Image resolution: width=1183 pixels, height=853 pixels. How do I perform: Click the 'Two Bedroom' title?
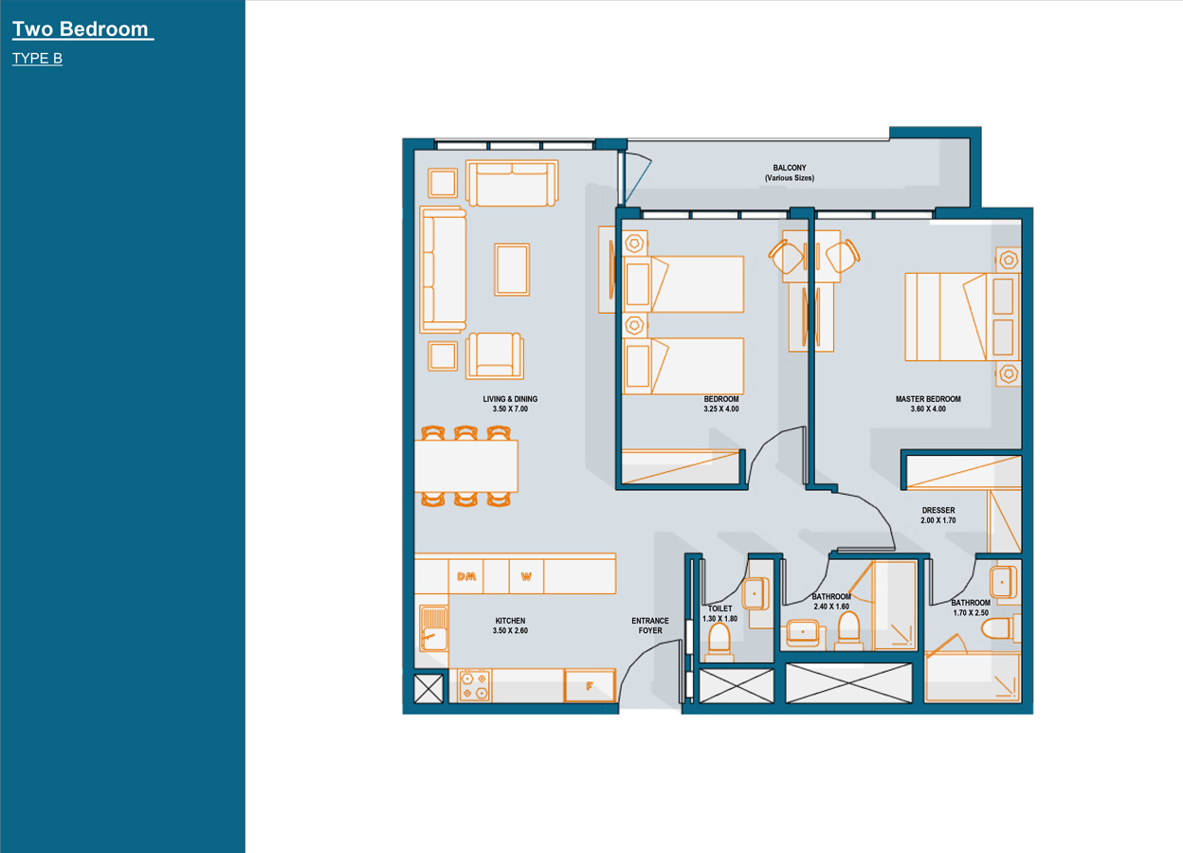(x=81, y=29)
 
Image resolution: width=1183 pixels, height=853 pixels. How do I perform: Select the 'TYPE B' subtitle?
(x=37, y=58)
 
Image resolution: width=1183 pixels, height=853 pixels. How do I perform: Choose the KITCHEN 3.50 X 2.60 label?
(x=510, y=626)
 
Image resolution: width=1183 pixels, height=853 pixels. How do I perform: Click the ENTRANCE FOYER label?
(x=650, y=626)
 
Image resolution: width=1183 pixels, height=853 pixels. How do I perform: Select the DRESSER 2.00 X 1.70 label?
(x=938, y=515)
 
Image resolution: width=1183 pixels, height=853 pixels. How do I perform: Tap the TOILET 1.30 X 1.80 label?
(x=719, y=613)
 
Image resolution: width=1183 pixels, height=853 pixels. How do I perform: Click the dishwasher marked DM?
(x=465, y=576)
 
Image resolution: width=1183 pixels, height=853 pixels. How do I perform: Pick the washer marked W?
(x=526, y=576)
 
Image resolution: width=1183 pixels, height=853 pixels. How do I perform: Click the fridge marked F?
(x=590, y=686)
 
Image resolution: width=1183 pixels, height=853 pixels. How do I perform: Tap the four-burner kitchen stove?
(x=474, y=686)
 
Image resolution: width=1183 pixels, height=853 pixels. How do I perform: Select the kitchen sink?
(x=433, y=628)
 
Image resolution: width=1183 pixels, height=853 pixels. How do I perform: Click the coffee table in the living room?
(x=512, y=269)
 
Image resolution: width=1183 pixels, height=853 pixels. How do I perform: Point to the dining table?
(x=465, y=466)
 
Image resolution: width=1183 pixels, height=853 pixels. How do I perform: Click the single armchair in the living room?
(x=495, y=356)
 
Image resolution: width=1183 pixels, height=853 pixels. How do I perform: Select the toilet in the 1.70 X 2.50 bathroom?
(x=1000, y=628)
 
